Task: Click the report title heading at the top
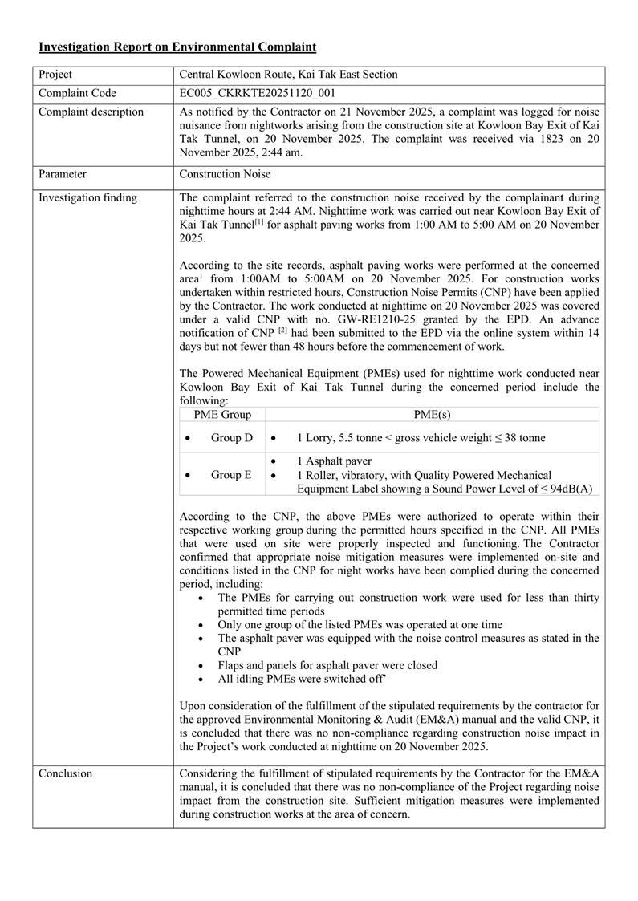click(177, 47)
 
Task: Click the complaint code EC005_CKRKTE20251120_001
click(256, 94)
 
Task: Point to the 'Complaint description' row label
click(91, 112)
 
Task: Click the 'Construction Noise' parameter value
click(226, 173)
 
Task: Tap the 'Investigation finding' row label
click(87, 197)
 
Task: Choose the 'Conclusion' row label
click(66, 773)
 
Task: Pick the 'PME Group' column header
click(223, 414)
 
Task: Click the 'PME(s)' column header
click(432, 414)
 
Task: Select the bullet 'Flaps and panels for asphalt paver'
click(327, 665)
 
